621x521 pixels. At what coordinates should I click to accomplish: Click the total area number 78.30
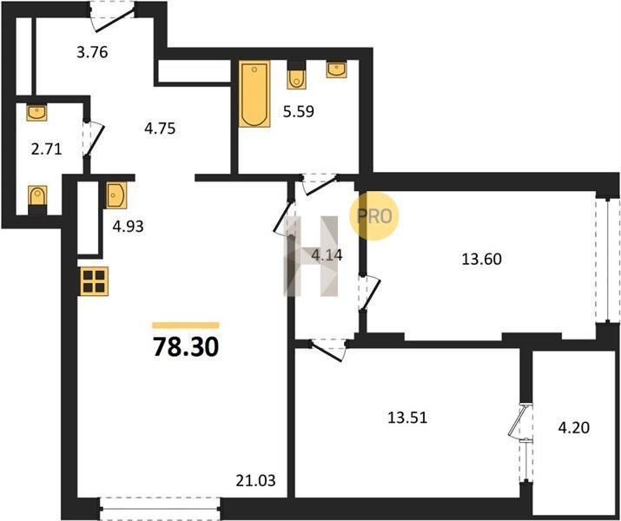click(186, 347)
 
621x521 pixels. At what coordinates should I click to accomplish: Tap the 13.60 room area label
click(481, 260)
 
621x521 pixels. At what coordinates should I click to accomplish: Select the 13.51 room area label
click(407, 418)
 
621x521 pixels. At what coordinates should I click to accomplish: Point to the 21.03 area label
click(255, 481)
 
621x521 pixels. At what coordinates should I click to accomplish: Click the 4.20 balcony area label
click(573, 427)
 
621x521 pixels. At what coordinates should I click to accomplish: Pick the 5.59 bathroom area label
click(298, 112)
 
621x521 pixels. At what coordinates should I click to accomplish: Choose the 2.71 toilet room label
click(47, 149)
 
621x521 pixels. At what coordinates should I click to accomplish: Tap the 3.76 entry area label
click(92, 52)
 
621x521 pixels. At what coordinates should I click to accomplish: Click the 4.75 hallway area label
click(160, 129)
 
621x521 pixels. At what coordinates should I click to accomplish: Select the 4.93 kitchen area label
click(128, 227)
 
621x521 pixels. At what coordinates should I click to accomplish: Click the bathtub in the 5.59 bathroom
click(254, 94)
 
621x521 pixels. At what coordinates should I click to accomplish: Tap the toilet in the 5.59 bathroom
click(297, 76)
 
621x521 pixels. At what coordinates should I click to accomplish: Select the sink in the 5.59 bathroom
click(337, 69)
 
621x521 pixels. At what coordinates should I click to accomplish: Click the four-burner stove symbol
click(95, 281)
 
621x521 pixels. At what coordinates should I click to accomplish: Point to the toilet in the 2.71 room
click(37, 200)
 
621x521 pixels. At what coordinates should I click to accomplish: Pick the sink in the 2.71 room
click(36, 112)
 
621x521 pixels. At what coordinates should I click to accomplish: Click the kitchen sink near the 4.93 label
click(116, 195)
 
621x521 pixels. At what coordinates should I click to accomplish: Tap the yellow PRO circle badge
click(373, 215)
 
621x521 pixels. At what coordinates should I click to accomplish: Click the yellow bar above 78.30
click(186, 326)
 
